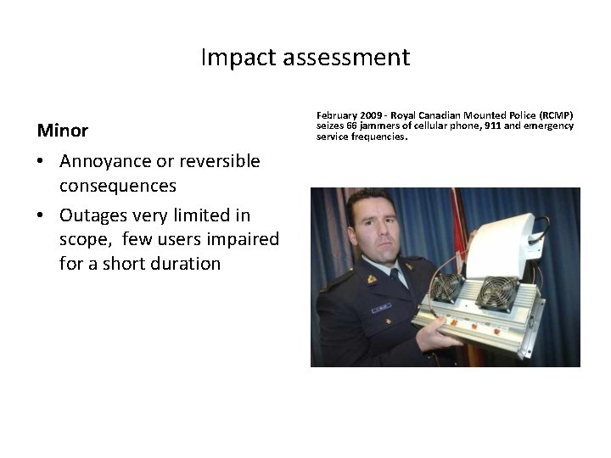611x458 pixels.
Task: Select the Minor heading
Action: tap(62, 131)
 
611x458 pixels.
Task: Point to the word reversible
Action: tap(217, 161)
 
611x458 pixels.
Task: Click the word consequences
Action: tap(117, 185)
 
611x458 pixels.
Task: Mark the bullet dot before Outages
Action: tap(42, 216)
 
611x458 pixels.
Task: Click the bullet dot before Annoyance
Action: tap(42, 162)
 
